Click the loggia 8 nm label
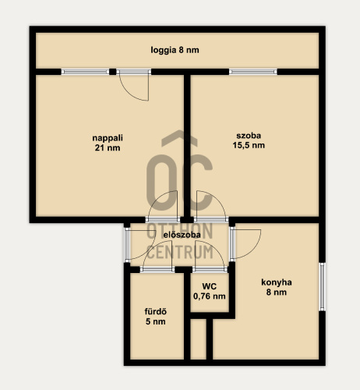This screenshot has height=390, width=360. (x=175, y=50)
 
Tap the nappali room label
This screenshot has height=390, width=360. (x=108, y=138)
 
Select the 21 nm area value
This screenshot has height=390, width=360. (x=108, y=148)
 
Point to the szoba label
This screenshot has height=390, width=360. (x=249, y=136)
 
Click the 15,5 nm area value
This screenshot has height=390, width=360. (x=249, y=145)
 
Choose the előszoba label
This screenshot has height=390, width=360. (x=182, y=235)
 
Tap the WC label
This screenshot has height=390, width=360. (x=210, y=286)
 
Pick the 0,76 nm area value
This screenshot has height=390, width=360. (x=210, y=296)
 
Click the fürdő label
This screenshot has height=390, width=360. (x=156, y=311)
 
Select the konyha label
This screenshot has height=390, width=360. (x=277, y=282)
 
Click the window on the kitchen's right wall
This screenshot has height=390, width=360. (x=322, y=287)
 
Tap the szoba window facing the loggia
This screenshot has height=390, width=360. (x=253, y=72)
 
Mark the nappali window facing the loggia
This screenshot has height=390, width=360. (x=85, y=72)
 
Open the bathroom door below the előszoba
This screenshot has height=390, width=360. (x=157, y=270)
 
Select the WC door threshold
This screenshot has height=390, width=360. (x=210, y=270)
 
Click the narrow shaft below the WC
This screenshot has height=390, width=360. (x=199, y=339)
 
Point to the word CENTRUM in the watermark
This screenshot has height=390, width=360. (x=180, y=252)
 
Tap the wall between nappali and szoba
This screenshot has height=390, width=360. (x=187, y=146)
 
